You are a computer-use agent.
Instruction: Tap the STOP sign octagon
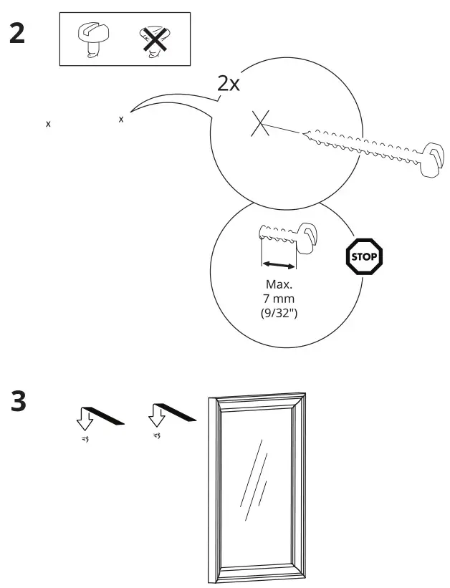coord(365,255)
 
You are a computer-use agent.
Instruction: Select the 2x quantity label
coord(229,84)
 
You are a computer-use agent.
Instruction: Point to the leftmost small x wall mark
coord(49,124)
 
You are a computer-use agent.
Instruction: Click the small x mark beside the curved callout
coord(121,119)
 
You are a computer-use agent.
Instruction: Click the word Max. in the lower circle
coord(279,285)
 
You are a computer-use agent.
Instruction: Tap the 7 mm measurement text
coord(279,299)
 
